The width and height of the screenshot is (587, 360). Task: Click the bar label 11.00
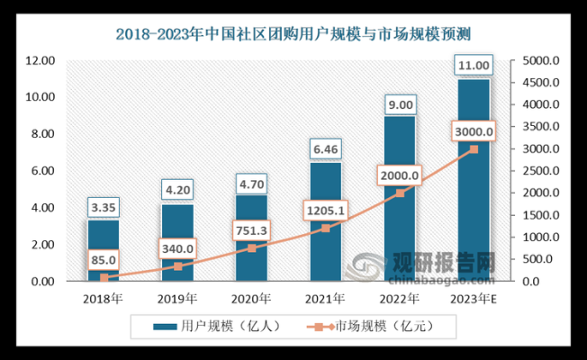pos(474,66)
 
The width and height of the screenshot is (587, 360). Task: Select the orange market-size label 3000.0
pos(473,132)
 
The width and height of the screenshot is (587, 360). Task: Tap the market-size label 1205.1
pos(324,212)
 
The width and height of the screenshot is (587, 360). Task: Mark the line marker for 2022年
pos(400,193)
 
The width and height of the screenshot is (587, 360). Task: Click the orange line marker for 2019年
pos(177,266)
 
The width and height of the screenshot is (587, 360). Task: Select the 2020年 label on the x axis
pos(252,298)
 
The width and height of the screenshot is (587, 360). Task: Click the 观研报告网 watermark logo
pos(441,263)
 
